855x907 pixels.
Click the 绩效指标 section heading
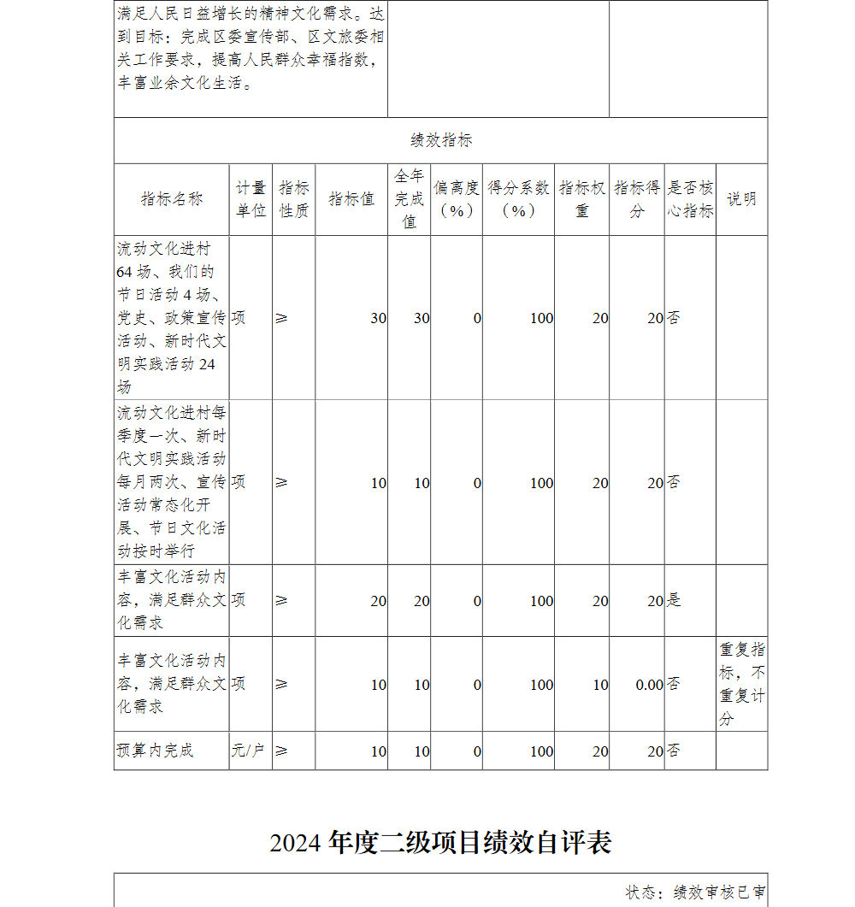pos(440,141)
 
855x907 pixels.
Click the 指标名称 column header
pos(172,199)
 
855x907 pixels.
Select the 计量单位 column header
pos(251,199)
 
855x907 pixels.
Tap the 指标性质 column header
pos(294,199)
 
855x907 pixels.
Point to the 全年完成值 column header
pos(409,199)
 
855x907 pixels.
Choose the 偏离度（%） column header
pos(456,199)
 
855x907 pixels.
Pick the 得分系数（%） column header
pos(518,199)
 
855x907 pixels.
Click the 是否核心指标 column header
pos(690,199)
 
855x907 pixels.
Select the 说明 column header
pos(741,199)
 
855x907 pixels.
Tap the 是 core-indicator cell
pos(674,601)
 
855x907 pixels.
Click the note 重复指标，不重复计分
pos(741,684)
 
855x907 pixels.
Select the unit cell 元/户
pos(248,751)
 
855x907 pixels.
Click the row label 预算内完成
pos(156,751)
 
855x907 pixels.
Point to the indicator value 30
pos(377,318)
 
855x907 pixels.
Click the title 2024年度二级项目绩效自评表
pos(440,843)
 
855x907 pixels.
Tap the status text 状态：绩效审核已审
pos(695,892)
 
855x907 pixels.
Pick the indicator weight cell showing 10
pos(600,685)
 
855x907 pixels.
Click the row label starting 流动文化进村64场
pos(172,318)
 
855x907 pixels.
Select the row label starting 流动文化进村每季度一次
pos(172,482)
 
